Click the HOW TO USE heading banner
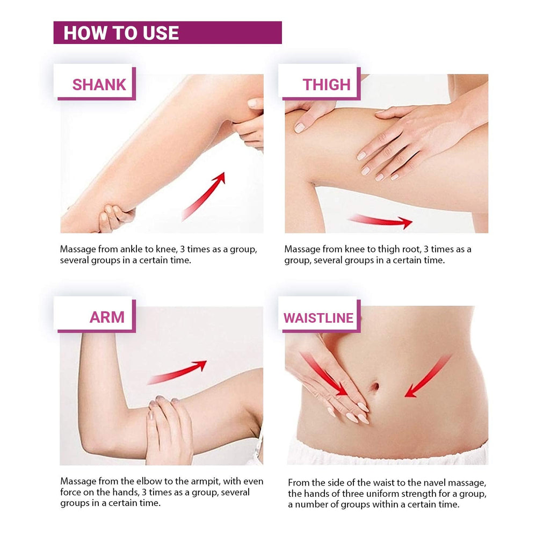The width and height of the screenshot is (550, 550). pos(168,33)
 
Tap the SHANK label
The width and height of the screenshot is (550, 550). pos(99,85)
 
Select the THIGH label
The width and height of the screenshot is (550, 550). pos(327,85)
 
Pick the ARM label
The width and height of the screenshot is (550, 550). pos(107,317)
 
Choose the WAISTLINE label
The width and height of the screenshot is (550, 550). pos(319,318)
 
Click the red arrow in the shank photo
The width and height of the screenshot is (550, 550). pos(204,197)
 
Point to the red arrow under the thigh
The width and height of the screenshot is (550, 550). pos(381,221)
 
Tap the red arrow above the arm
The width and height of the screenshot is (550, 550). pos(177,372)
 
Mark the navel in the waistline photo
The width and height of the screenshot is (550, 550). pos(374,387)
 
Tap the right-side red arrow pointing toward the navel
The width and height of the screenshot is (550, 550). pos(428,377)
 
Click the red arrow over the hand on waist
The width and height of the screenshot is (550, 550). pos(323,374)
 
